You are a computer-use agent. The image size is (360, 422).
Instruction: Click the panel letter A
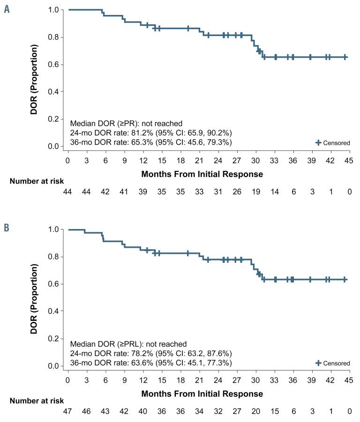pos(7,10)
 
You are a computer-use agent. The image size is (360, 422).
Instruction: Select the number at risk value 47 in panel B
pos(68,411)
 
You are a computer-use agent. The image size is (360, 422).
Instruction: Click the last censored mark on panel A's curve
pos(345,57)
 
